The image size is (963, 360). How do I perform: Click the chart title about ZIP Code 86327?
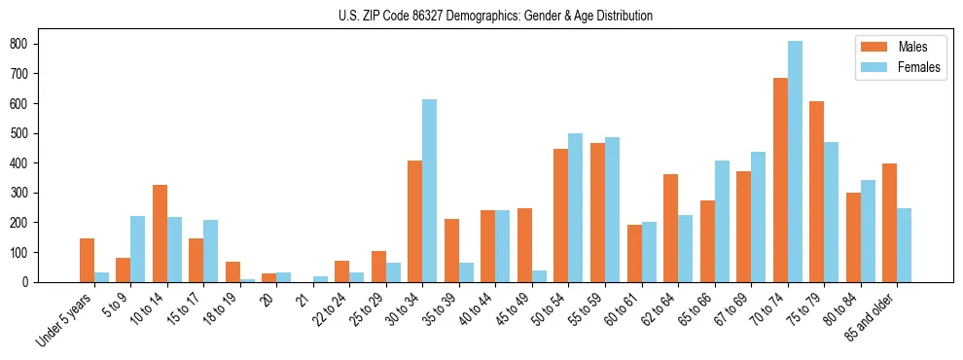click(x=481, y=17)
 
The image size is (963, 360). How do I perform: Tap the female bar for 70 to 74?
click(x=795, y=162)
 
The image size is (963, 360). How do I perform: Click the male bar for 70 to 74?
click(x=780, y=180)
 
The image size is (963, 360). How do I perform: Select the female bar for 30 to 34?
click(x=429, y=191)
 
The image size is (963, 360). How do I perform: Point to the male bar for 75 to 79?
click(x=816, y=192)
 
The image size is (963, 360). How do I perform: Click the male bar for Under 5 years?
click(x=87, y=260)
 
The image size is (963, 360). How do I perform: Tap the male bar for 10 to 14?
click(x=160, y=234)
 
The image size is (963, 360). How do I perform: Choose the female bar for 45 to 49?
click(x=539, y=276)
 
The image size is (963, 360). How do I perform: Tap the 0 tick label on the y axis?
click(x=31, y=282)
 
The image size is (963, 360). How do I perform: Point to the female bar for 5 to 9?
click(x=137, y=249)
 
